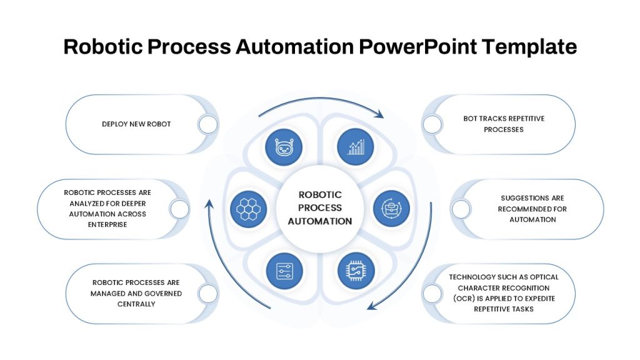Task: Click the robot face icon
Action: tap(284, 147)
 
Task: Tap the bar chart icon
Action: tap(356, 147)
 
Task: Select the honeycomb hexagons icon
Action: tap(248, 209)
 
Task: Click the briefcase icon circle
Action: tap(391, 209)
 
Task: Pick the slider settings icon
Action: tap(284, 271)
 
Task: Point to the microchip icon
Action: tap(356, 270)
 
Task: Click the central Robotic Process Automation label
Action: tap(320, 208)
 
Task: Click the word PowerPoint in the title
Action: tap(417, 47)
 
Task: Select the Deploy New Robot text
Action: tap(136, 124)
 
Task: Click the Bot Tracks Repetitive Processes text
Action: tap(504, 124)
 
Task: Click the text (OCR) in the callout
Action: tap(464, 298)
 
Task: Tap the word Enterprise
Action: tap(107, 224)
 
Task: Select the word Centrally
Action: tap(136, 304)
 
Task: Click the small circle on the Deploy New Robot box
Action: tap(208, 124)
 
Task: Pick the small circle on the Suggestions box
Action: tap(461, 209)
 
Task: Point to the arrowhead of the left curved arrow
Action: tap(209, 203)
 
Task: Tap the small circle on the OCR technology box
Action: tap(432, 294)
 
